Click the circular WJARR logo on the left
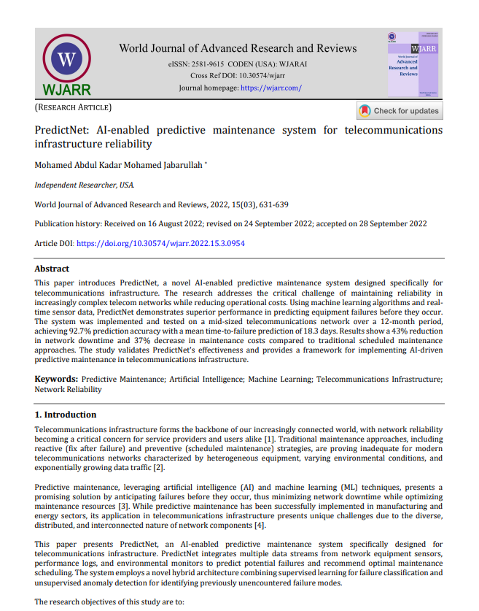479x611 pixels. click(66, 61)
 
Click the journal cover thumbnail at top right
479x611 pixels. click(413, 64)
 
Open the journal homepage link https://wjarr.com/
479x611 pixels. click(270, 88)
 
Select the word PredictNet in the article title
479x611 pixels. click(62, 130)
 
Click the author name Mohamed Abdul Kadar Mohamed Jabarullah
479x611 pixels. click(120, 165)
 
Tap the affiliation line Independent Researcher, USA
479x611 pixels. click(85, 185)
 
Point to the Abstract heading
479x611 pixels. click(52, 269)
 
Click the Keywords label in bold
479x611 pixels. click(56, 380)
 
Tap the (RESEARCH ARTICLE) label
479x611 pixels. click(73, 107)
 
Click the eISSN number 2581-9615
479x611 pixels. click(209, 64)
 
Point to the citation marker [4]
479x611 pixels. click(260, 526)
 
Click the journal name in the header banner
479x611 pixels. click(238, 48)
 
